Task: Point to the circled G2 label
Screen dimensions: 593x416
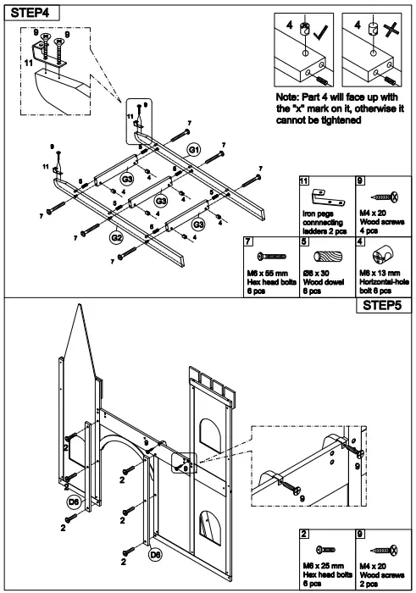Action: coord(117,237)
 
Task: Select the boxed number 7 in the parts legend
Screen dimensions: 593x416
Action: coord(248,241)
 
